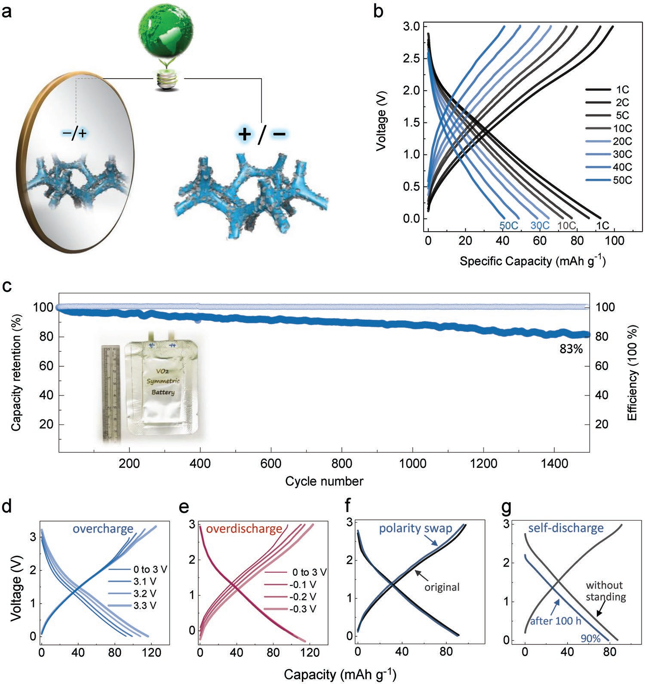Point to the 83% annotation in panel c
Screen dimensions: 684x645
coord(571,350)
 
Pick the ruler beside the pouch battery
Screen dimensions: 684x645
coord(111,393)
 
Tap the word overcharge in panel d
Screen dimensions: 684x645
coord(103,529)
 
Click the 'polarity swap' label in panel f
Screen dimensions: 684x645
coord(415,528)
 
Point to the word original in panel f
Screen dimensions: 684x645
coord(442,587)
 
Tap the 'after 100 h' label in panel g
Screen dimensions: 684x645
coord(556,621)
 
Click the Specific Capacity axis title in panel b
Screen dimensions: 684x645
coord(533,261)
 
